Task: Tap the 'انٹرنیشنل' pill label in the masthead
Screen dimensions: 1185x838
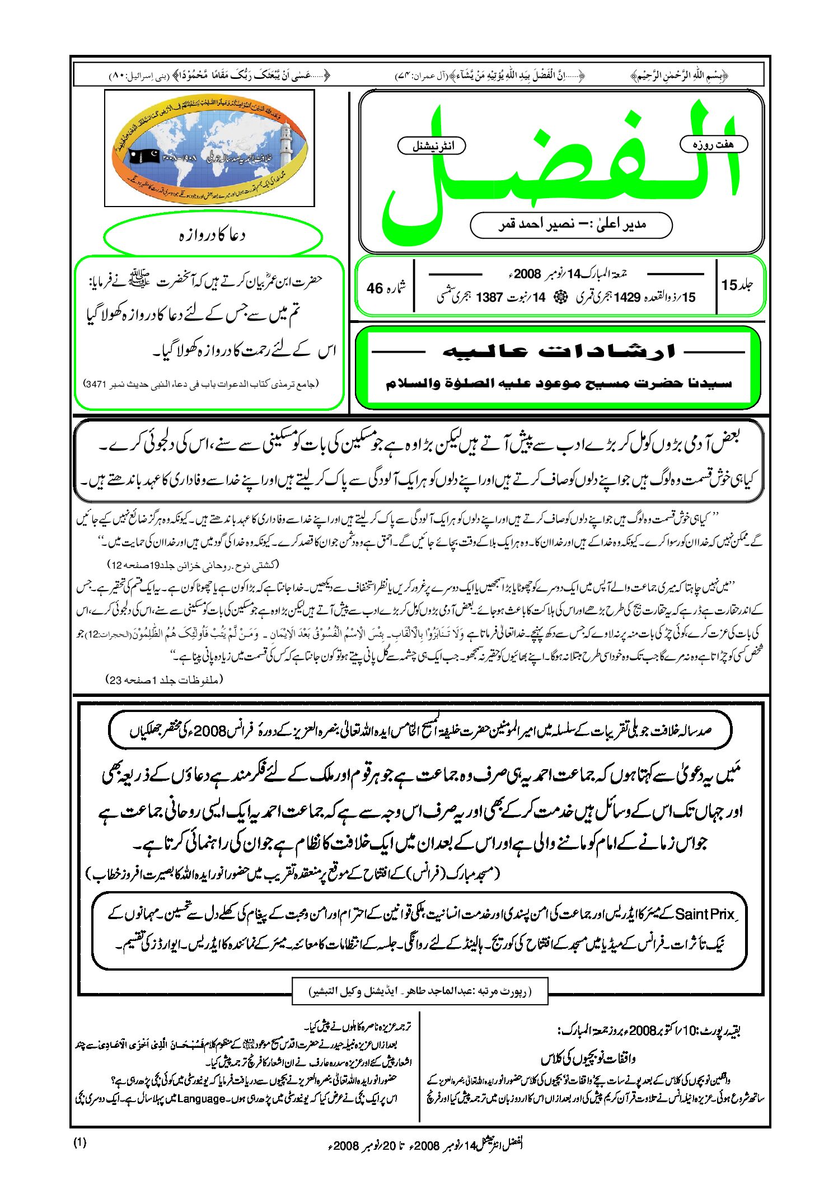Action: (432, 146)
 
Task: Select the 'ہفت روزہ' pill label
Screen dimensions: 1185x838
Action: (713, 144)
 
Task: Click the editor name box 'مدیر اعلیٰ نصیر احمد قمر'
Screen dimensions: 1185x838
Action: (571, 225)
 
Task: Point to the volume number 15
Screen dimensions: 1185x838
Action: (729, 285)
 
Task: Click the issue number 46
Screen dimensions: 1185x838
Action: (374, 288)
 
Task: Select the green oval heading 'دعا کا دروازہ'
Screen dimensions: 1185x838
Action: (213, 236)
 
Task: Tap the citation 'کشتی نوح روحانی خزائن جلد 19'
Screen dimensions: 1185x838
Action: (193, 565)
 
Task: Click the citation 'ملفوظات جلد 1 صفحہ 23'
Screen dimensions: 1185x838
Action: (165, 680)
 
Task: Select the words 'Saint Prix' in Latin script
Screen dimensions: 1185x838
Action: (704, 914)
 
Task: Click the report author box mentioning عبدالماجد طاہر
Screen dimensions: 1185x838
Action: (420, 991)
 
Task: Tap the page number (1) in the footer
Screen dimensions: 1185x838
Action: (80, 1142)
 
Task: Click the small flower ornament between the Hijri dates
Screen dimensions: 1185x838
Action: (560, 297)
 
